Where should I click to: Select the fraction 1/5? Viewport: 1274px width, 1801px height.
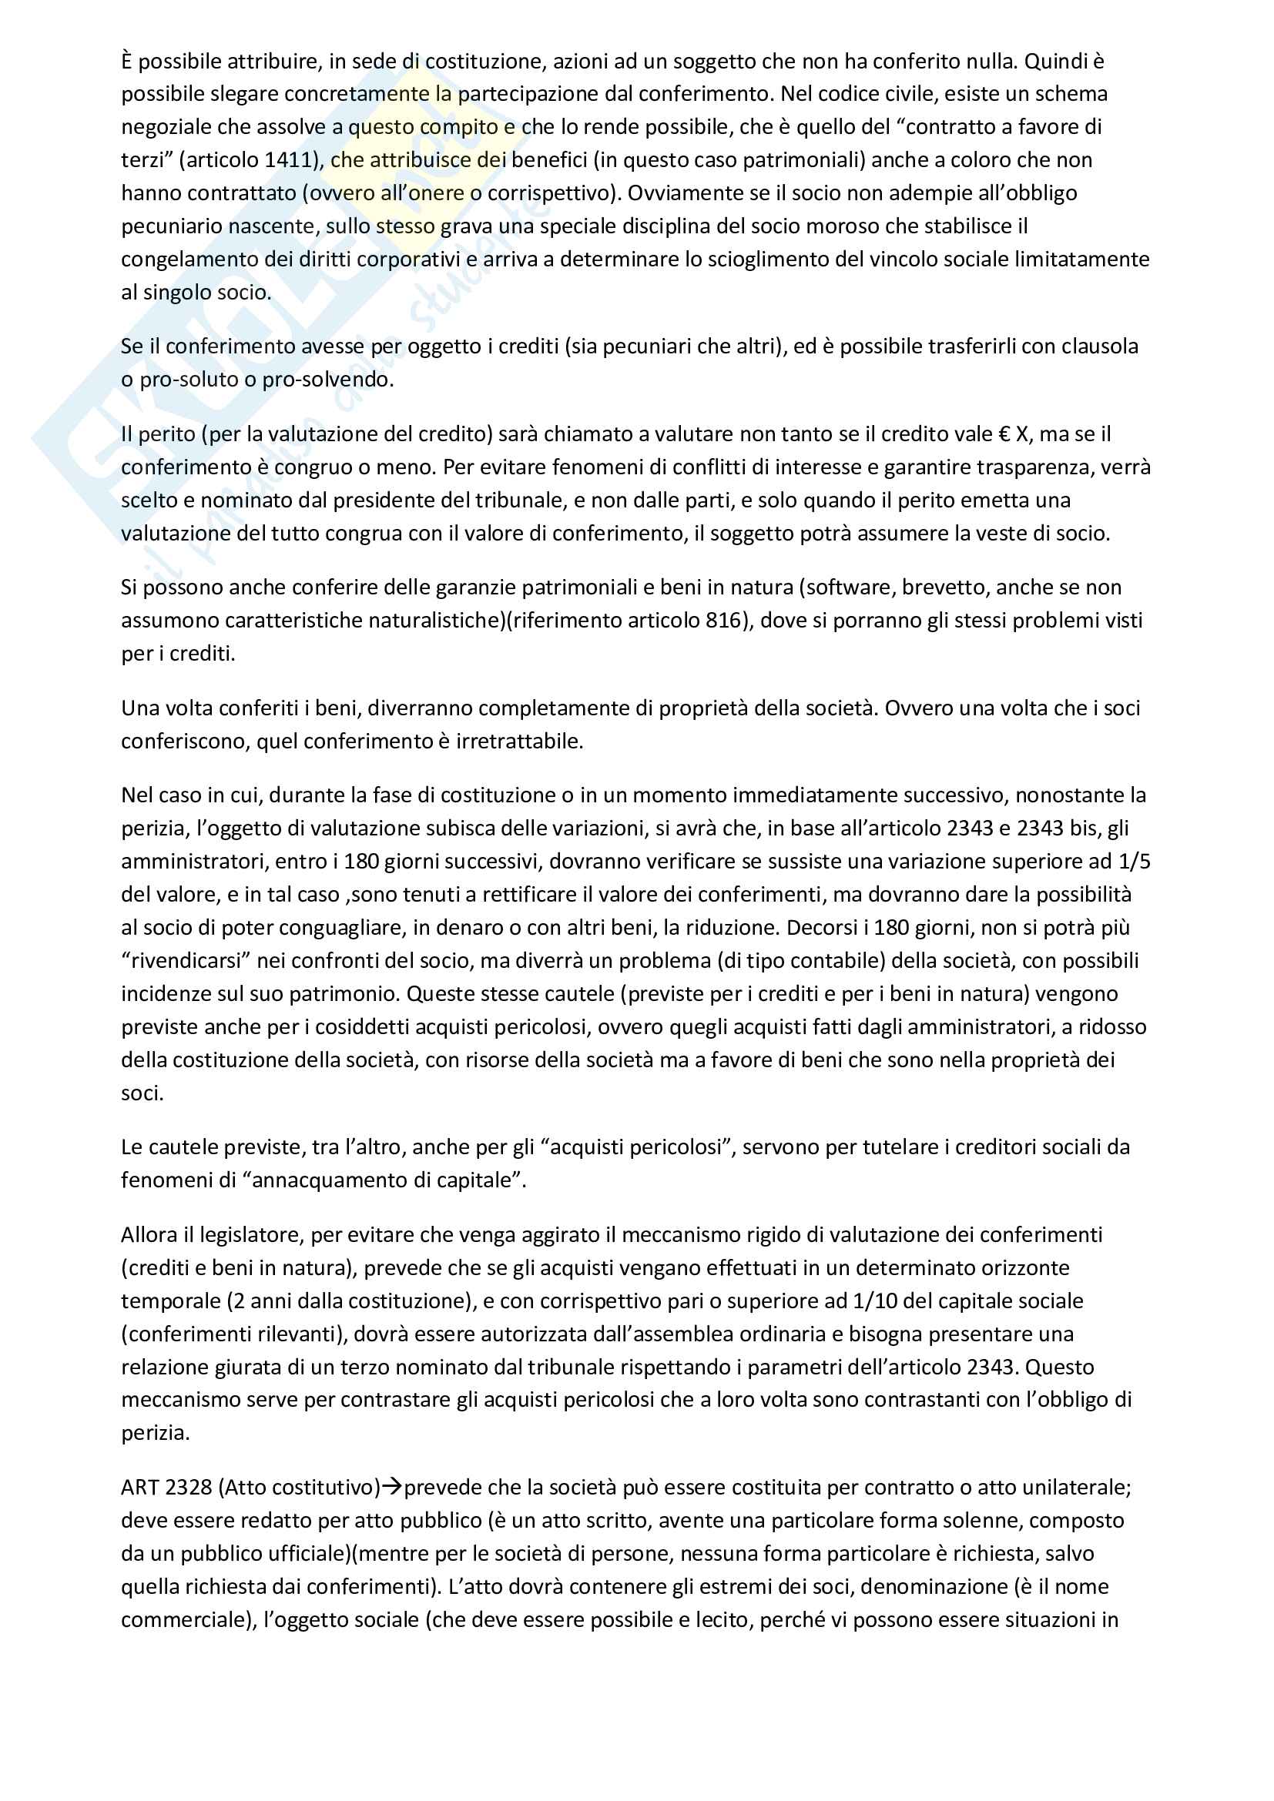coord(1134,862)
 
